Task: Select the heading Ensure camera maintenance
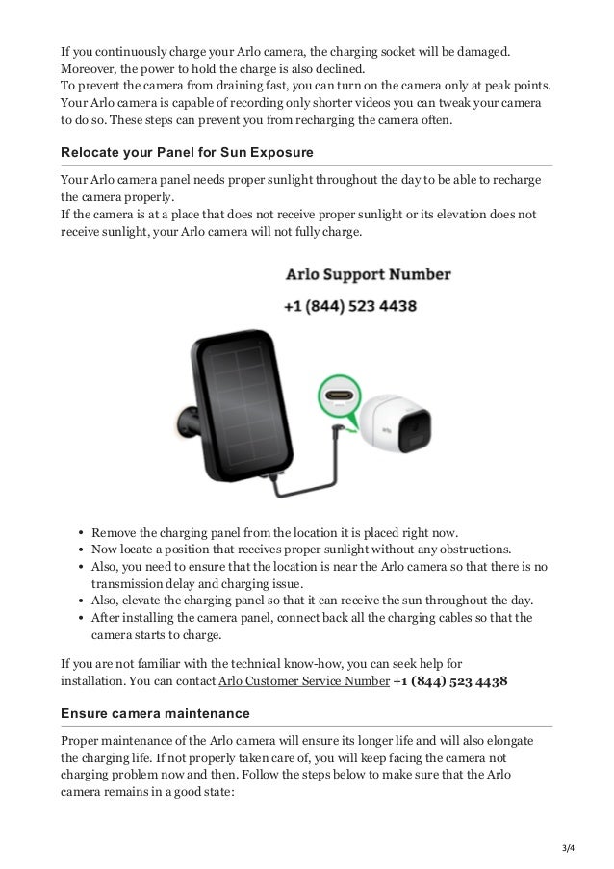click(155, 713)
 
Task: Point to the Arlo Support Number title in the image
click(368, 275)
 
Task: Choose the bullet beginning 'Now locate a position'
click(288, 549)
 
